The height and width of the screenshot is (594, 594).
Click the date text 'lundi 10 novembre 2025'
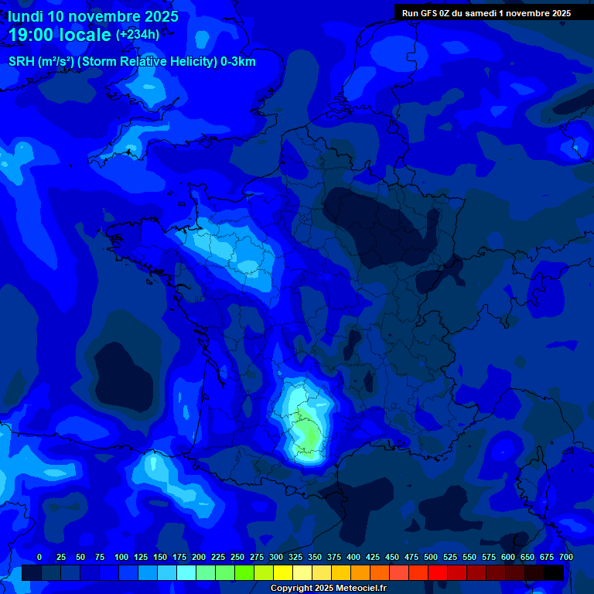[93, 16]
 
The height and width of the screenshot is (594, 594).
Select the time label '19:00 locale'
[60, 35]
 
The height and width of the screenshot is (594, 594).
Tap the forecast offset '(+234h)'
[138, 34]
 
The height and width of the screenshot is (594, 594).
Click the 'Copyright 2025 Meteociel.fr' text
[328, 589]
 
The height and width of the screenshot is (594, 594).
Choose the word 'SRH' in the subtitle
[21, 62]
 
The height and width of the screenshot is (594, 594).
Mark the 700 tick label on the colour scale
[565, 557]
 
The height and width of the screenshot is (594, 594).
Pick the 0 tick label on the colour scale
[39, 557]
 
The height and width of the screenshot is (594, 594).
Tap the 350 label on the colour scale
[315, 557]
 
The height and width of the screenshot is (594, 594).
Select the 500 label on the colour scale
[431, 557]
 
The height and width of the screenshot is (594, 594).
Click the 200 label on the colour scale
[199, 557]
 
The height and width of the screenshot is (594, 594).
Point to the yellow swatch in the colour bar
[283, 573]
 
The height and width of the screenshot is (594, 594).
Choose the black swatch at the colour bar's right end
[554, 573]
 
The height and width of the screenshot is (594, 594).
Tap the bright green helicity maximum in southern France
[308, 437]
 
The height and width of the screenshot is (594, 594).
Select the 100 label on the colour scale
[121, 557]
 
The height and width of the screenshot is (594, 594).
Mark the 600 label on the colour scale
[508, 557]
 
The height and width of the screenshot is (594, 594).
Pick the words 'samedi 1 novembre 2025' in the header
[523, 12]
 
